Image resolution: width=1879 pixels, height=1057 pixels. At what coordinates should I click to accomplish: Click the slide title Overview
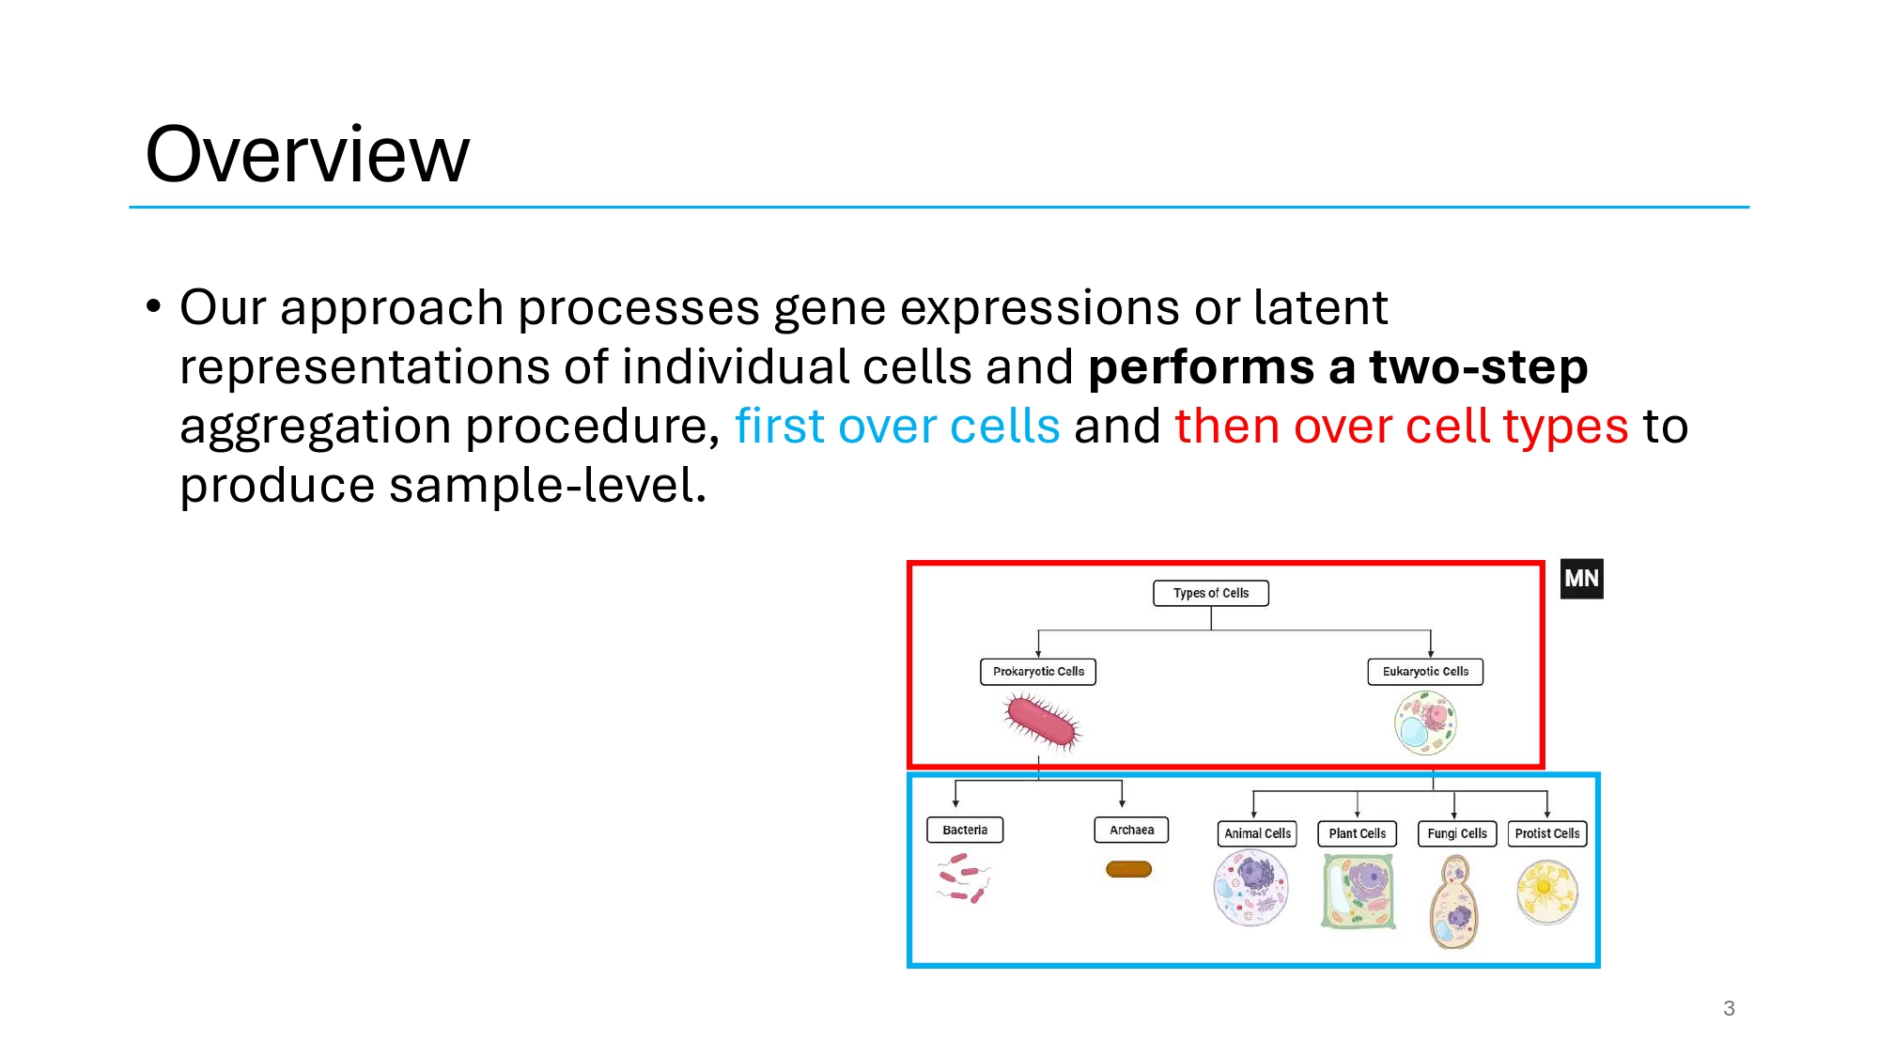307,155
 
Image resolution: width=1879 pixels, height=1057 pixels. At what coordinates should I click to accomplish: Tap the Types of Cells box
1210,593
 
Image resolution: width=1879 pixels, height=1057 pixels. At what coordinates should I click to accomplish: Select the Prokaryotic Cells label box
1038,672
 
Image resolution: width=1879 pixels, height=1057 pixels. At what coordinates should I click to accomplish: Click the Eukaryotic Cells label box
1425,672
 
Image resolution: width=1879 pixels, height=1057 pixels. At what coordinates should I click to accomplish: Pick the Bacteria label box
965,830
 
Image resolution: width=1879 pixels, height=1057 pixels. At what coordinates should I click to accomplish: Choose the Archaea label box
1131,830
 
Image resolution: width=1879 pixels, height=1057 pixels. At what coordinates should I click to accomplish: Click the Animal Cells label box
1257,833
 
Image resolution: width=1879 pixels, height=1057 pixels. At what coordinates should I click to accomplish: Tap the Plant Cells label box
1357,833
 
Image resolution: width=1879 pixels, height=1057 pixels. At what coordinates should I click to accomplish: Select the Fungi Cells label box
1456,833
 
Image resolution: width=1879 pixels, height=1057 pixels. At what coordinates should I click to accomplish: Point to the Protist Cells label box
1546,833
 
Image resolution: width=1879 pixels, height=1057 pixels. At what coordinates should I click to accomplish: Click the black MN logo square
1581,579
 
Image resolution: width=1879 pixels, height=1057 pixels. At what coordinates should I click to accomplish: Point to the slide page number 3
1729,1008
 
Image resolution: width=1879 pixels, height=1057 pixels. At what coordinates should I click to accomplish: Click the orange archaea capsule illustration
1128,869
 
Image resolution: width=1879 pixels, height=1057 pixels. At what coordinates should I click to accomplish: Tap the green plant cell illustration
1358,891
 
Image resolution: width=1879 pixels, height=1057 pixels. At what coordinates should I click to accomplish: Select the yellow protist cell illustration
1546,892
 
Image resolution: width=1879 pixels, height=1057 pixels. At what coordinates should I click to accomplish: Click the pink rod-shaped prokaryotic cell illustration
1042,722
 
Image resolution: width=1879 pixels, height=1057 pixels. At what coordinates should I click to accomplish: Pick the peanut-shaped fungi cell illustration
1454,902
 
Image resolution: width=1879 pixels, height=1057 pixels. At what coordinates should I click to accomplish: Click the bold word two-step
1478,366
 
